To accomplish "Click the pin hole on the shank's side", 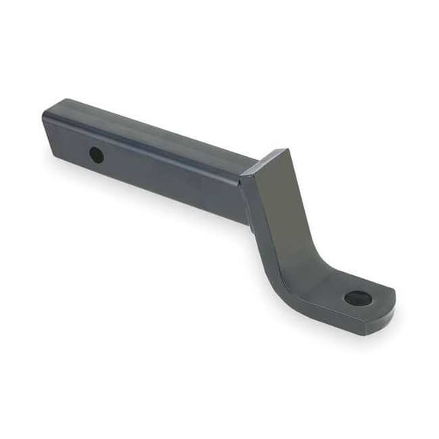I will (97, 155).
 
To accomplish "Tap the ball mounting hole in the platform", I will (357, 298).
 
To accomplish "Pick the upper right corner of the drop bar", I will (287, 150).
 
